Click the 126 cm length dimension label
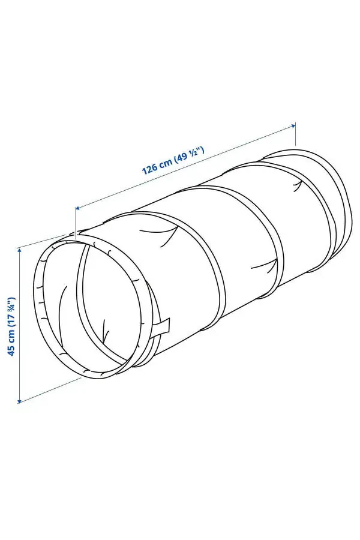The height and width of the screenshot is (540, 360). [x=173, y=160]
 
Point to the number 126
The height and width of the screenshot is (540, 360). [x=149, y=169]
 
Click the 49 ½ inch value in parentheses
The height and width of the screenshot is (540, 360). [x=190, y=154]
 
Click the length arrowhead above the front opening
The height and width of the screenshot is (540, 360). [x=77, y=208]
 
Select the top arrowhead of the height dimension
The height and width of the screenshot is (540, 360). [x=20, y=248]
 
